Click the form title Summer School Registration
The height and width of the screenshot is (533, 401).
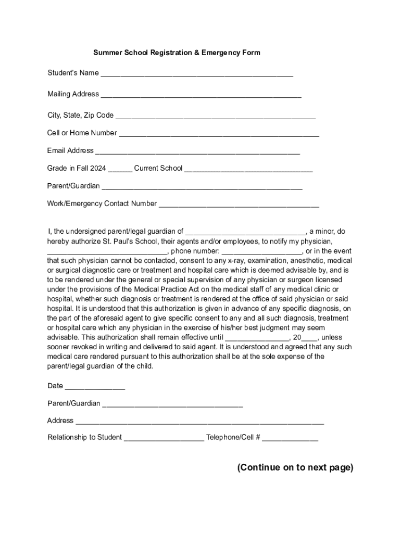177,53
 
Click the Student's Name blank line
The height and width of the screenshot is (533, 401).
197,74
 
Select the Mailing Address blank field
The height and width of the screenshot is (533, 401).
201,95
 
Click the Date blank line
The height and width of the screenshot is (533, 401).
95,387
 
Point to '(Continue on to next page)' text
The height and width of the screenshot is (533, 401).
295,467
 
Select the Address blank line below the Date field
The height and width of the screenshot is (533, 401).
200,422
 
